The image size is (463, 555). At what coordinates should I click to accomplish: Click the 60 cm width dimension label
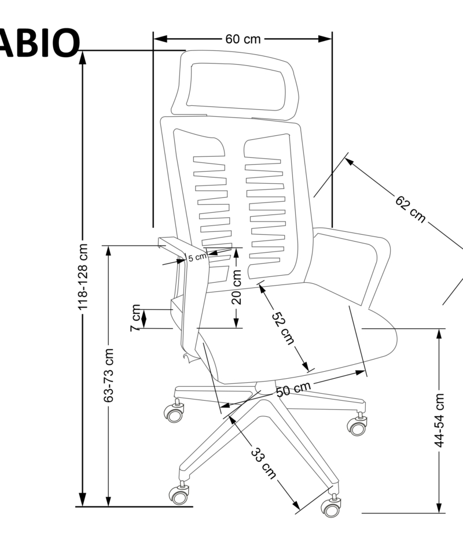tap(243, 39)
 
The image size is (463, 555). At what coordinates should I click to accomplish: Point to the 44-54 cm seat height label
tap(440, 420)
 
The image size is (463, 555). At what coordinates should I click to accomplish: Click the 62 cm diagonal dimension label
tap(410, 209)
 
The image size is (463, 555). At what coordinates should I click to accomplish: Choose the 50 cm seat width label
tap(293, 389)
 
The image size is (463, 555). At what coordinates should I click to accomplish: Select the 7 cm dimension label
tap(135, 317)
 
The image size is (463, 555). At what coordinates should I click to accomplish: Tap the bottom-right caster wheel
tap(331, 507)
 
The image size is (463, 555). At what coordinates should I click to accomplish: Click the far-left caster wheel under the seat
tap(174, 412)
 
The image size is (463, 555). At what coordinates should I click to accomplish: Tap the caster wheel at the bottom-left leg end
tap(179, 494)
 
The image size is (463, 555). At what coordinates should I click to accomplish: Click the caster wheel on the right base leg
tap(357, 427)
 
